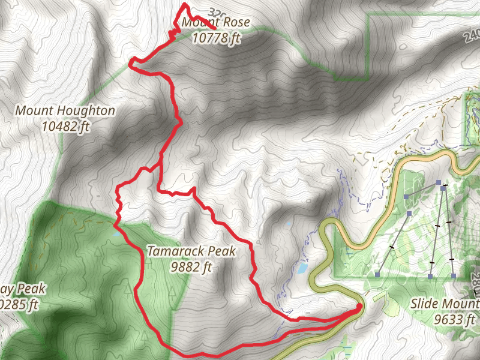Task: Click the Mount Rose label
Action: [216, 23]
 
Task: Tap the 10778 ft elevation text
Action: [217, 37]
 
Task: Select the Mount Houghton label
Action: [65, 111]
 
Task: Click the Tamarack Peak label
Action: [191, 251]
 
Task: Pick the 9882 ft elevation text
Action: [191, 266]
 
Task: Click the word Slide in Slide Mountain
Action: [425, 304]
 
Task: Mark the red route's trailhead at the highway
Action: [359, 308]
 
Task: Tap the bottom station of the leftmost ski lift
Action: [377, 275]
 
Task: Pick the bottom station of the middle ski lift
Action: [431, 276]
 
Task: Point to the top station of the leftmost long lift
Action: [439, 182]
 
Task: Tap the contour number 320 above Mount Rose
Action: [217, 12]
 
